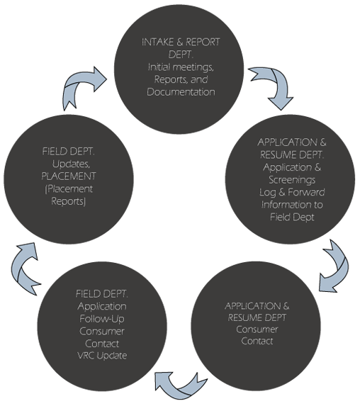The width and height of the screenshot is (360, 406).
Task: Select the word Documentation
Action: [181, 92]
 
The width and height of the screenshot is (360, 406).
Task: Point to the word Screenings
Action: [292, 180]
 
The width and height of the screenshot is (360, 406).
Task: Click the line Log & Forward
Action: [292, 193]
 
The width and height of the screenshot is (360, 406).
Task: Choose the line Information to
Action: [292, 205]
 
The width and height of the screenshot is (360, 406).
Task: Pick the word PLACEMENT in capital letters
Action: [69, 176]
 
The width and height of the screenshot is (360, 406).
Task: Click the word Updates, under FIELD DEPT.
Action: [69, 163]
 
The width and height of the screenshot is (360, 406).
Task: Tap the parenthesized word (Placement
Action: [69, 188]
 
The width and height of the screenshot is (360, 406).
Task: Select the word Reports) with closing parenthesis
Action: [69, 201]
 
